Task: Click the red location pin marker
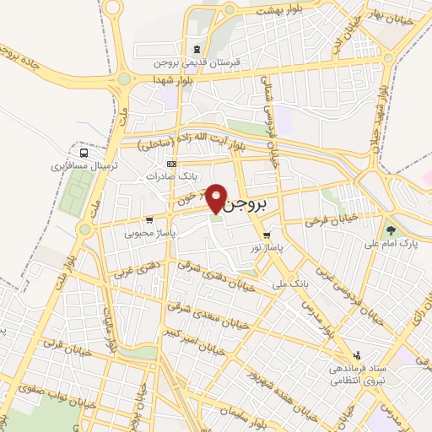click(217, 198)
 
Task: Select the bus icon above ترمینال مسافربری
click(83, 154)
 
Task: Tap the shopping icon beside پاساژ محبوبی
click(149, 221)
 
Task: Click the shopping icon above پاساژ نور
click(267, 235)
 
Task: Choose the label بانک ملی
click(287, 284)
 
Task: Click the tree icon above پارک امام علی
click(390, 229)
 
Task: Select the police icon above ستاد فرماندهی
click(358, 355)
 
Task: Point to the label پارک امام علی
click(391, 245)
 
